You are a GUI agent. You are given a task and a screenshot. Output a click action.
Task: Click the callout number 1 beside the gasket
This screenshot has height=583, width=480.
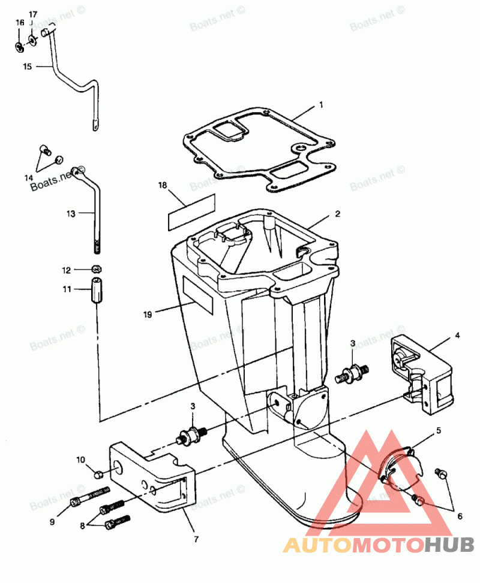tap(321, 105)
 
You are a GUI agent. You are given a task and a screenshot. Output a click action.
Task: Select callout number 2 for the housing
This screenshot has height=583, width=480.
tap(337, 213)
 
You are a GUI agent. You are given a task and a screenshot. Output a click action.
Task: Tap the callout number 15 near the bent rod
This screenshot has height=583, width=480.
tap(28, 67)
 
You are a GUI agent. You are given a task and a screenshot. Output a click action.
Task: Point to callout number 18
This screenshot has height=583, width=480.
tap(162, 185)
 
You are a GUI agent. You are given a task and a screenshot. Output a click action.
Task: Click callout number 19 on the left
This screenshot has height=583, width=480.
tap(147, 313)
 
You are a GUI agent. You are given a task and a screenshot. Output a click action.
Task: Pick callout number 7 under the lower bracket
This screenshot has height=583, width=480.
tap(196, 539)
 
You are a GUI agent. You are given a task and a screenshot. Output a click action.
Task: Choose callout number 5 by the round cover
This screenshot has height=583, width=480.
tap(439, 430)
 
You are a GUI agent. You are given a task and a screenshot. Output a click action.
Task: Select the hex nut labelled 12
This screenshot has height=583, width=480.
tap(95, 269)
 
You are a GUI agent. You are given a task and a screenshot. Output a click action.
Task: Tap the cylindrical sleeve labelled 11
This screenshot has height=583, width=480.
tap(96, 291)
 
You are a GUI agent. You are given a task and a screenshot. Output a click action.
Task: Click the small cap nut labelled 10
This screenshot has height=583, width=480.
tap(99, 475)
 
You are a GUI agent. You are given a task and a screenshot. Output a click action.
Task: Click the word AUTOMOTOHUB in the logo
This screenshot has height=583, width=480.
tap(378, 545)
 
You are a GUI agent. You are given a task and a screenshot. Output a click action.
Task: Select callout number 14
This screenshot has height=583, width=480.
tap(28, 178)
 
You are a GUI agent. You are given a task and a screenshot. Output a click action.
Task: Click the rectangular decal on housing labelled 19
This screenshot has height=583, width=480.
tap(198, 295)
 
